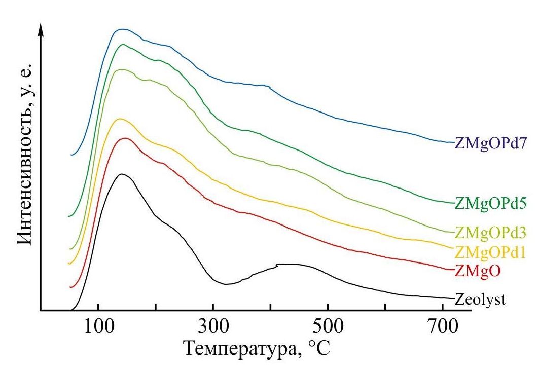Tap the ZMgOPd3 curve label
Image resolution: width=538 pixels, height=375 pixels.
(489, 233)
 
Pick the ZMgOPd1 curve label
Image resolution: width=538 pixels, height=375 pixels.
(489, 252)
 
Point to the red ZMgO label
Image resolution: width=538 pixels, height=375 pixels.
(478, 271)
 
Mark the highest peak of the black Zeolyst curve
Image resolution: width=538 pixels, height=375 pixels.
(122, 174)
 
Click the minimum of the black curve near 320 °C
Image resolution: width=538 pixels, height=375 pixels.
(226, 284)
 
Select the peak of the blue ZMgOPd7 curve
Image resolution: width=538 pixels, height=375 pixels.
(122, 29)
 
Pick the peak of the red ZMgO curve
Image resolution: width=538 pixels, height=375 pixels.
(125, 138)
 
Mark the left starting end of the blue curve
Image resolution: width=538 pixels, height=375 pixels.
(72, 155)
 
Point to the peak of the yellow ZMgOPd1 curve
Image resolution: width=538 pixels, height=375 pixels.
(120, 119)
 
